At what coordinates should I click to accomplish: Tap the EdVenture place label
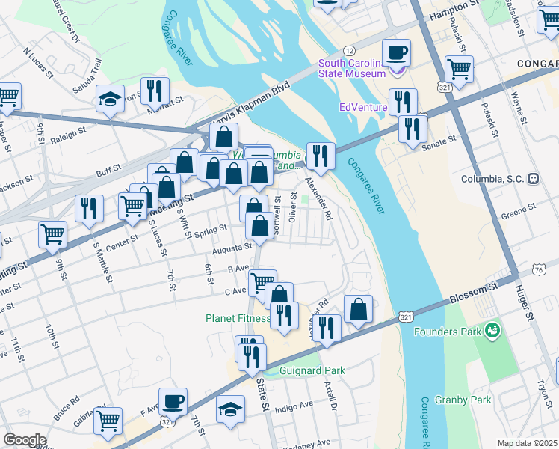point(363,107)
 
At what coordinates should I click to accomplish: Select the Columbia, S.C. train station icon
point(534,179)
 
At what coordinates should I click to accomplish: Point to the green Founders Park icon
point(491,330)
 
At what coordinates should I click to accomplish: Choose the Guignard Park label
point(312,370)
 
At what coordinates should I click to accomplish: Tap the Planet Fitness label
point(238,318)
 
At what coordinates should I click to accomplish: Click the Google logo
point(25,440)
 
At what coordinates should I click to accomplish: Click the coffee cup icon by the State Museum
point(396,53)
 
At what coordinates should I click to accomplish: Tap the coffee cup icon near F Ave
point(174,402)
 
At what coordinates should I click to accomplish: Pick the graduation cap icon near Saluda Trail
point(110,99)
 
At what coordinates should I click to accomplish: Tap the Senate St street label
point(440,141)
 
